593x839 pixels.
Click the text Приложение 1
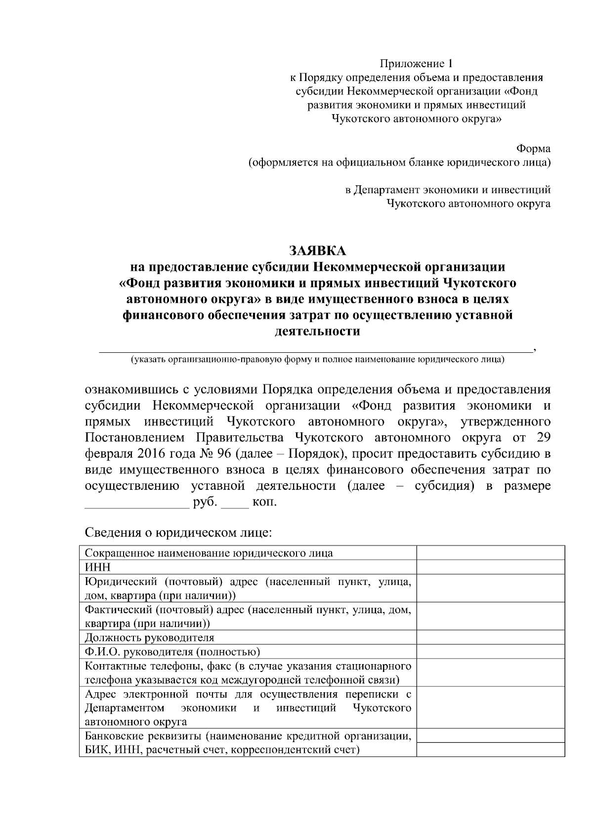point(416,64)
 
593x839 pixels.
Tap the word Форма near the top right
point(533,148)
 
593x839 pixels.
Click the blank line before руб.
point(137,503)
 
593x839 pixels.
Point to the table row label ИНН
point(98,567)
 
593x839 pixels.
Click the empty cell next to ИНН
point(490,567)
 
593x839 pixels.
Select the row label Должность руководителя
point(150,637)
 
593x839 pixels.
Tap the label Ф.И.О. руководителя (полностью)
point(172,652)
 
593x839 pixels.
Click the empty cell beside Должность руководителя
point(490,637)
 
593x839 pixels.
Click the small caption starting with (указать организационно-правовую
point(317,360)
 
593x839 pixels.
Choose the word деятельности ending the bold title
point(317,331)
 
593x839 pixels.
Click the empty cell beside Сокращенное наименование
point(490,552)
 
